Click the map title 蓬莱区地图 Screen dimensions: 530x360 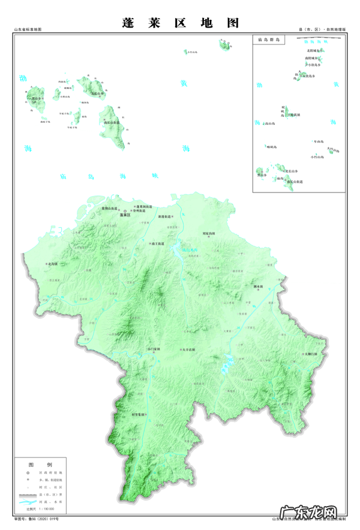tap(180, 23)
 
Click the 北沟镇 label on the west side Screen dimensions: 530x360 tap(52, 263)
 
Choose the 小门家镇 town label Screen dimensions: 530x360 tap(154, 348)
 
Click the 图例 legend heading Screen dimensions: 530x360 tap(40, 465)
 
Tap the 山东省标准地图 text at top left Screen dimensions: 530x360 tap(28, 29)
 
